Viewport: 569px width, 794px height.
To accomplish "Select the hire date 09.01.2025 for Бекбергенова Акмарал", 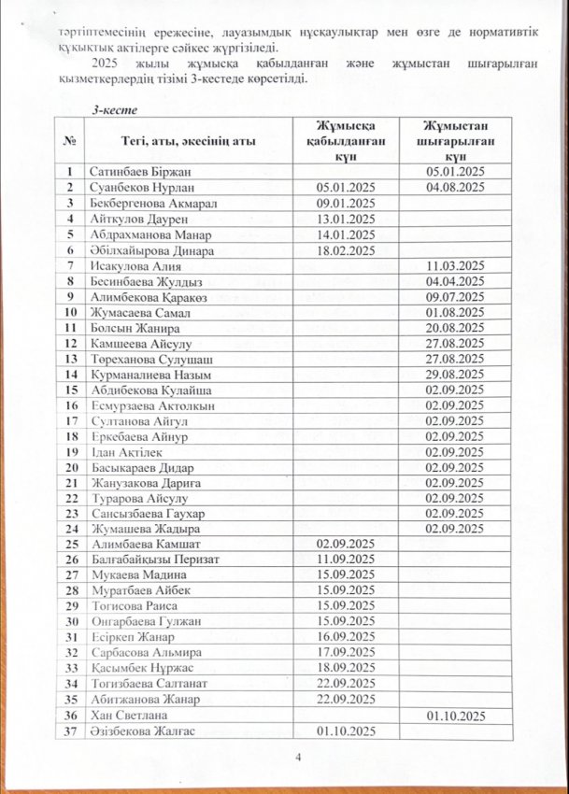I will [x=346, y=203].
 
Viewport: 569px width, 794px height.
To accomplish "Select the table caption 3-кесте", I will [x=113, y=110].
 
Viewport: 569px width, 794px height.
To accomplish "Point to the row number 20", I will [x=70, y=466].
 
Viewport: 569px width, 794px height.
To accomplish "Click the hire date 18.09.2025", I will [x=347, y=668].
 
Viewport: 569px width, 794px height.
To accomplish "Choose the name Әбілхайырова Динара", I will [x=151, y=250].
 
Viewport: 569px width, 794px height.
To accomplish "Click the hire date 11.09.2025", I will [x=347, y=559].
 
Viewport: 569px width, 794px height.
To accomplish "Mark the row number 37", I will [x=70, y=730].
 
